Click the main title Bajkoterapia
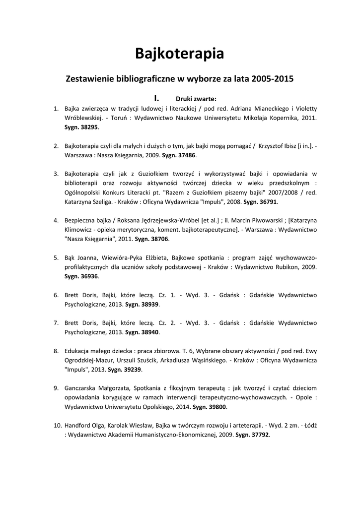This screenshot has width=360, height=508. tap(180, 53)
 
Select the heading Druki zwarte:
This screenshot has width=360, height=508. tap(196, 98)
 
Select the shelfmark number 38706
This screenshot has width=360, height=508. tap(158, 239)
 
